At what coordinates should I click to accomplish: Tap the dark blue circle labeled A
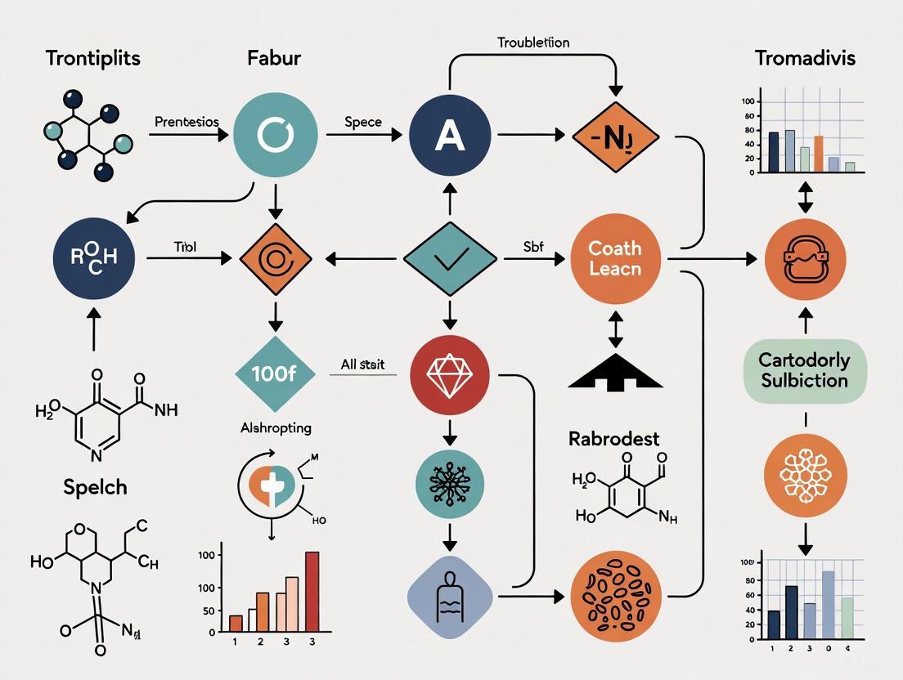tap(450, 136)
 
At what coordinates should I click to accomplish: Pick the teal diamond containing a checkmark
tap(450, 259)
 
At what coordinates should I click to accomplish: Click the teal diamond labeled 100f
tap(275, 375)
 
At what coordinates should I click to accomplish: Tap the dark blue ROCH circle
tap(92, 258)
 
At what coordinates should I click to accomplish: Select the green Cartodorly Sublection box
tap(805, 370)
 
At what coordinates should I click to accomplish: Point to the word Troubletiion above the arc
tap(532, 42)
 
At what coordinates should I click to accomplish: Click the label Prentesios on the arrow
tap(186, 122)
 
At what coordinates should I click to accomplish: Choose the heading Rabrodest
tap(613, 439)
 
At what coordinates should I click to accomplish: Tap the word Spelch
tap(96, 487)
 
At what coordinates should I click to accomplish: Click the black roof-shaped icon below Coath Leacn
tap(614, 374)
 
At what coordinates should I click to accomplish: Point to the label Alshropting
tap(275, 427)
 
